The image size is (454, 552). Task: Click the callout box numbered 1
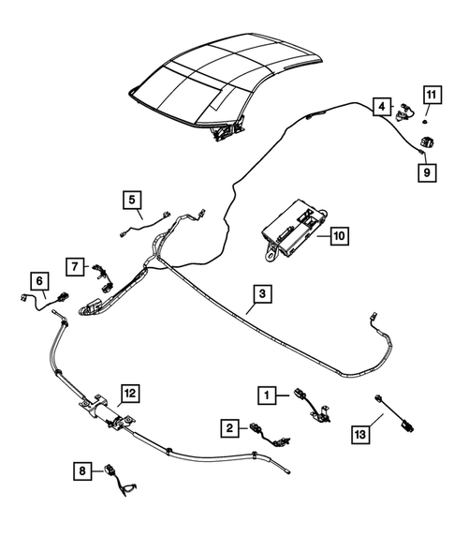tap(268, 396)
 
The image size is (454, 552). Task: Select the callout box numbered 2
tap(227, 427)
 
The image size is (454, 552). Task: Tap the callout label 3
tap(263, 294)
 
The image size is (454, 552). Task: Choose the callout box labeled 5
tap(132, 199)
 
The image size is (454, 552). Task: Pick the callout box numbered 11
tap(430, 94)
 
